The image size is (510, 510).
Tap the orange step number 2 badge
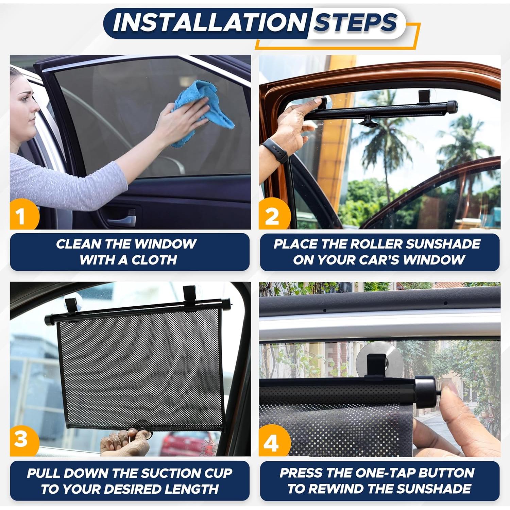point(272,216)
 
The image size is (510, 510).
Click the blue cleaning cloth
point(201,109)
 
